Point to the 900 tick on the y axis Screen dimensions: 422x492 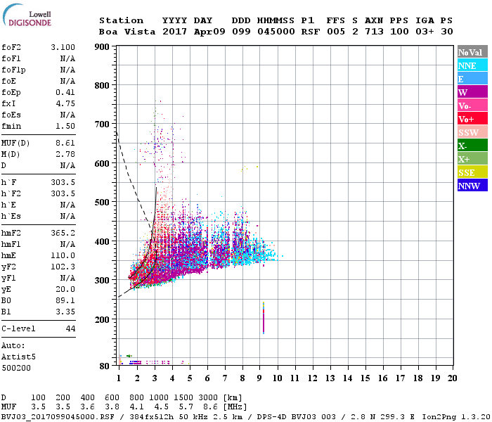103,46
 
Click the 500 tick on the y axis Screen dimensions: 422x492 103,203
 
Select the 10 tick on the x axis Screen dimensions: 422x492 278,378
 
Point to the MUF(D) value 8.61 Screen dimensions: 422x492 65,143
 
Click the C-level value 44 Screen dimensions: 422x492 70,328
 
